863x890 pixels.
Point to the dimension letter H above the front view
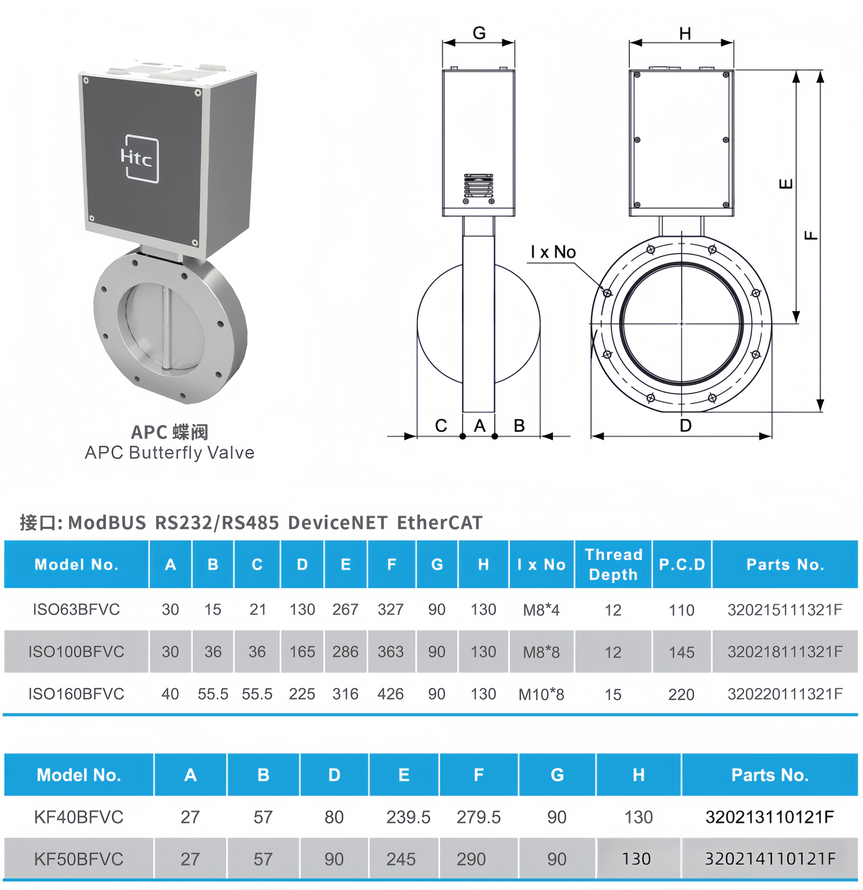685,34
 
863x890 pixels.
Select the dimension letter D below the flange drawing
685,425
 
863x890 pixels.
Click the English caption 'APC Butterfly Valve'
169,453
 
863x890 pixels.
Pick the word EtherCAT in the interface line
439,523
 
